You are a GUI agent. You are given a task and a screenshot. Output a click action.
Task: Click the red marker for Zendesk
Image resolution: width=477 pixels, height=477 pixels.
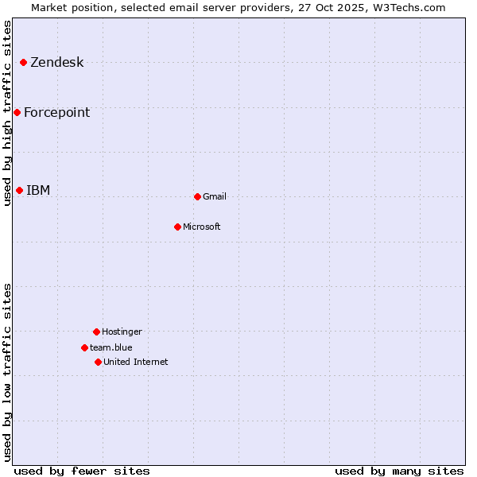pyautogui.click(x=24, y=62)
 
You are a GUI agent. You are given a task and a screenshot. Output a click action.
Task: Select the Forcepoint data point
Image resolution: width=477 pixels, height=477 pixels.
pyautogui.click(x=17, y=112)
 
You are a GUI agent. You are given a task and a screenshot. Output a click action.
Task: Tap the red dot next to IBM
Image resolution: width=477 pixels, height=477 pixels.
pyautogui.click(x=20, y=190)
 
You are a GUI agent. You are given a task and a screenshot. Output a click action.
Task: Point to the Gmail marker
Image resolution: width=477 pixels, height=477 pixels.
pyautogui.click(x=197, y=196)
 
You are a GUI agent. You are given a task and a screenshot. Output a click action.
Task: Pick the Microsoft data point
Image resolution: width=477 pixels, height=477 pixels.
pyautogui.click(x=177, y=227)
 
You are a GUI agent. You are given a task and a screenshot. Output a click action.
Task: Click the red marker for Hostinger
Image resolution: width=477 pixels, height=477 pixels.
pyautogui.click(x=96, y=332)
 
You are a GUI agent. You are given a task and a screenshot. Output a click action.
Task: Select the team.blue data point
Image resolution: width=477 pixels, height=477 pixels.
pyautogui.click(x=84, y=347)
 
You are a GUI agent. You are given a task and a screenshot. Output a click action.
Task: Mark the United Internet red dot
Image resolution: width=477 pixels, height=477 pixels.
pyautogui.click(x=98, y=362)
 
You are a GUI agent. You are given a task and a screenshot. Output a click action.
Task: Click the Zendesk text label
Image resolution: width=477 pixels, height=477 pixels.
pyautogui.click(x=56, y=63)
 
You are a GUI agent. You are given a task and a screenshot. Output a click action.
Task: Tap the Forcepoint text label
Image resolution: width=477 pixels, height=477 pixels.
pyautogui.click(x=56, y=113)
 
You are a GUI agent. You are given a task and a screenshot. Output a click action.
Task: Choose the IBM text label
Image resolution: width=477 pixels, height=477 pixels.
pyautogui.click(x=38, y=191)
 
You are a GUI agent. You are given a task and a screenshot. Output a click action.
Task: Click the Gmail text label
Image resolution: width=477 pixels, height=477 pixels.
pyautogui.click(x=215, y=197)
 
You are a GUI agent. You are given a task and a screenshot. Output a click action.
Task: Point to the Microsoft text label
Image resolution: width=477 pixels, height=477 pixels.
pyautogui.click(x=201, y=227)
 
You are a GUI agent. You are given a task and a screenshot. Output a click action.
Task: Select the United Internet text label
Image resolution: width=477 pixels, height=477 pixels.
pyautogui.click(x=135, y=363)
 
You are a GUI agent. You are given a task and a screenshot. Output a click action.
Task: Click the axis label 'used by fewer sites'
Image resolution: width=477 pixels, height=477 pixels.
pyautogui.click(x=82, y=471)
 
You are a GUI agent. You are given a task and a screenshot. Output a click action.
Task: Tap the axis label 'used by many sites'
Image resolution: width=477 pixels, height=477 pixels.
pyautogui.click(x=399, y=471)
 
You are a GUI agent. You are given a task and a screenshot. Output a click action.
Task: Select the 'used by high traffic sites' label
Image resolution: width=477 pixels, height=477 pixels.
pyautogui.click(x=7, y=113)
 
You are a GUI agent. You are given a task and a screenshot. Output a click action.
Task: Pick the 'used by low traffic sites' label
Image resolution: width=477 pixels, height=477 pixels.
pyautogui.click(x=7, y=371)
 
